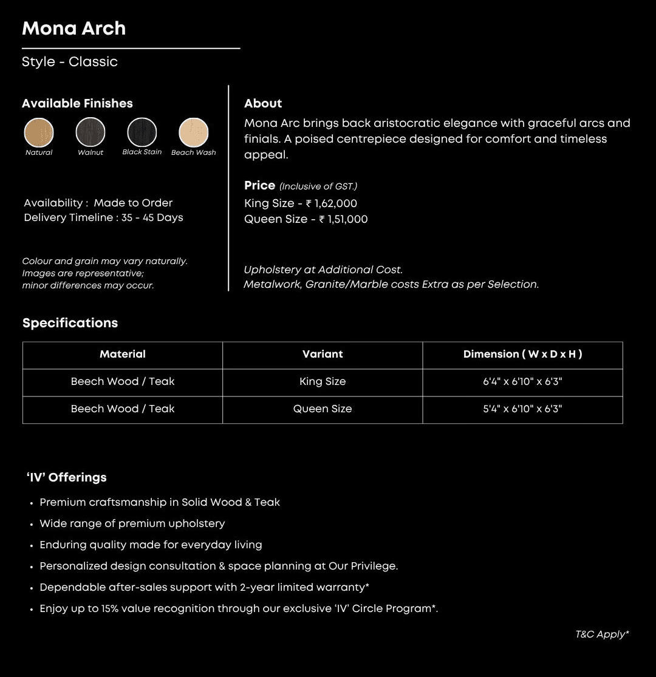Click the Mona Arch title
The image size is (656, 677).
click(x=73, y=29)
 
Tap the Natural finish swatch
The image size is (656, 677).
click(x=39, y=132)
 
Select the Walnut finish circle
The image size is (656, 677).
click(x=91, y=132)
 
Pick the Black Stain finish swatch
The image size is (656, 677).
click(x=142, y=132)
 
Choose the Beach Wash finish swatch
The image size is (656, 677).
click(x=194, y=132)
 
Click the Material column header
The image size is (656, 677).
click(x=123, y=354)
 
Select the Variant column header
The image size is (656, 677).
click(x=323, y=354)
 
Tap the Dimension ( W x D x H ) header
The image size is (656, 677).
click(x=522, y=354)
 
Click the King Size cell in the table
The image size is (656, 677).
click(x=323, y=382)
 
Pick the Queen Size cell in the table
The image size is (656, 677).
click(x=323, y=409)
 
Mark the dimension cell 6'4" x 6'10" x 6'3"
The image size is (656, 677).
click(x=522, y=382)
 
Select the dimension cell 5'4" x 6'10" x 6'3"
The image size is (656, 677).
click(x=522, y=409)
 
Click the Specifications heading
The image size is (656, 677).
click(x=70, y=323)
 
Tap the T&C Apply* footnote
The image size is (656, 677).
click(x=602, y=634)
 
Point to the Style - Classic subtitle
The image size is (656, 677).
click(x=70, y=62)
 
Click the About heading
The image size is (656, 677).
click(x=263, y=103)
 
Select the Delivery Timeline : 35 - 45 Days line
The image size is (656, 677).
click(x=103, y=217)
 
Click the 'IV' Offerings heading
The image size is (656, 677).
click(x=67, y=477)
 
